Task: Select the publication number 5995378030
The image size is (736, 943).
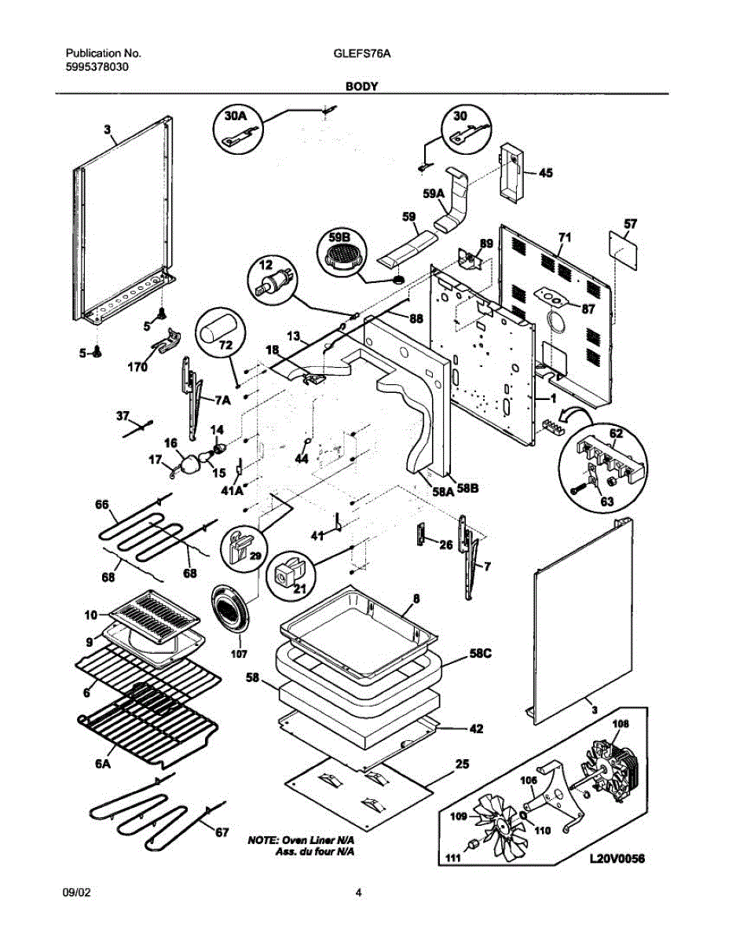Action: [97, 67]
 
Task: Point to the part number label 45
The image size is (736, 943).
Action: [544, 174]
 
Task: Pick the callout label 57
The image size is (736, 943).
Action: [629, 224]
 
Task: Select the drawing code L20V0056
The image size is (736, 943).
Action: [617, 860]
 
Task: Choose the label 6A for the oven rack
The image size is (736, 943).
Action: [102, 763]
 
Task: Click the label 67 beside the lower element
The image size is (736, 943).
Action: [222, 832]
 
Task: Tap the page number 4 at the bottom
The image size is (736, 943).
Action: [359, 892]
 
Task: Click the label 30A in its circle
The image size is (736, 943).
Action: [236, 116]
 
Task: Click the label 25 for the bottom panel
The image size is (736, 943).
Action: [463, 763]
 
